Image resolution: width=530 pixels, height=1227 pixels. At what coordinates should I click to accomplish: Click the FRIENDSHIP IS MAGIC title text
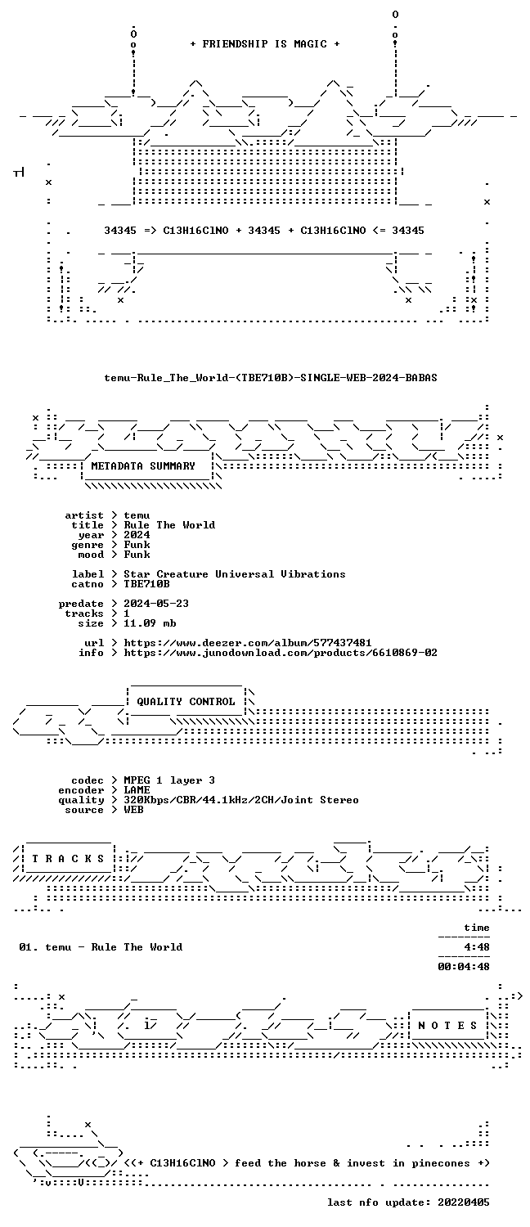[x=265, y=44]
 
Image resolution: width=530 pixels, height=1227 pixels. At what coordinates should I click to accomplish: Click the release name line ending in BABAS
[x=271, y=377]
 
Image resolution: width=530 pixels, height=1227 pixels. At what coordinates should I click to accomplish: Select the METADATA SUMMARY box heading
[x=143, y=466]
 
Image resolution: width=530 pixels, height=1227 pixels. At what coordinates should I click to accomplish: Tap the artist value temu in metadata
[x=137, y=515]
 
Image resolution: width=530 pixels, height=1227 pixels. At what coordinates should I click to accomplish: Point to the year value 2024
[x=137, y=535]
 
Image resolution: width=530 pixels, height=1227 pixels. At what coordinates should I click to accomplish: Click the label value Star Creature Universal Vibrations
[x=235, y=574]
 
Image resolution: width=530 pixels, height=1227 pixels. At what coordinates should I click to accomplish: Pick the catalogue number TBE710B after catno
[x=146, y=584]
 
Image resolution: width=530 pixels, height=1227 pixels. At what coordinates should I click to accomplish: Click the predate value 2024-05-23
[x=156, y=604]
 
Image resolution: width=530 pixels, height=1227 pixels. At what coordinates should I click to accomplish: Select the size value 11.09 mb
[x=150, y=623]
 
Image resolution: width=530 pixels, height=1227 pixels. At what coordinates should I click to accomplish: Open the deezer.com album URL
[x=248, y=642]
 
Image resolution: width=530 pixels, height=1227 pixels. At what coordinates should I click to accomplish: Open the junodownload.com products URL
[x=281, y=653]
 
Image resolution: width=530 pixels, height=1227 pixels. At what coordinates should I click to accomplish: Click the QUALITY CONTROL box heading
[x=186, y=702]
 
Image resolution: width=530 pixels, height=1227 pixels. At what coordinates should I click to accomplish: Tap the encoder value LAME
[x=137, y=790]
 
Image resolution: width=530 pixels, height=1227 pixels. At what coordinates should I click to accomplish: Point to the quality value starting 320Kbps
[x=241, y=800]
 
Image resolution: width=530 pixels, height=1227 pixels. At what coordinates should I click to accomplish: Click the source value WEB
[x=133, y=810]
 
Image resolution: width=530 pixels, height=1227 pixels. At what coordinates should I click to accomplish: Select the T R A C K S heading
[x=68, y=858]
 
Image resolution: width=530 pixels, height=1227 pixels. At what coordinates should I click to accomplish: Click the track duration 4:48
[x=476, y=947]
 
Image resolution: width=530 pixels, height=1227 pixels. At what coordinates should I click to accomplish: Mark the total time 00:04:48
[x=463, y=967]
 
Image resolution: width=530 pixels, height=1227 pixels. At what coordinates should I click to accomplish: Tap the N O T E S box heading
[x=447, y=1026]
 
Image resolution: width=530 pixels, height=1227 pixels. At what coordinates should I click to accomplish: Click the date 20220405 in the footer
[x=463, y=1202]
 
